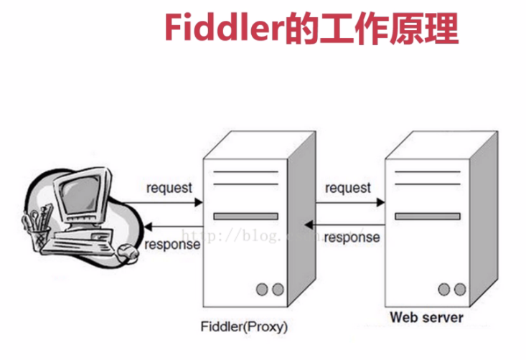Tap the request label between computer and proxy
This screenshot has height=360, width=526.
(169, 188)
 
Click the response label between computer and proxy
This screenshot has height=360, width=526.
(172, 245)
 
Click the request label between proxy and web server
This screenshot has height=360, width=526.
(348, 188)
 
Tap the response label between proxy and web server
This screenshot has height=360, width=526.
(352, 237)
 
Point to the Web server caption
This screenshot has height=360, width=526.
(426, 316)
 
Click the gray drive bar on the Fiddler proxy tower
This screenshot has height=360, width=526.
(246, 216)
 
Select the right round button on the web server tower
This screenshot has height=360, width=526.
(459, 289)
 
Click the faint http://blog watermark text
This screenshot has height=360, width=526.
(237, 235)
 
